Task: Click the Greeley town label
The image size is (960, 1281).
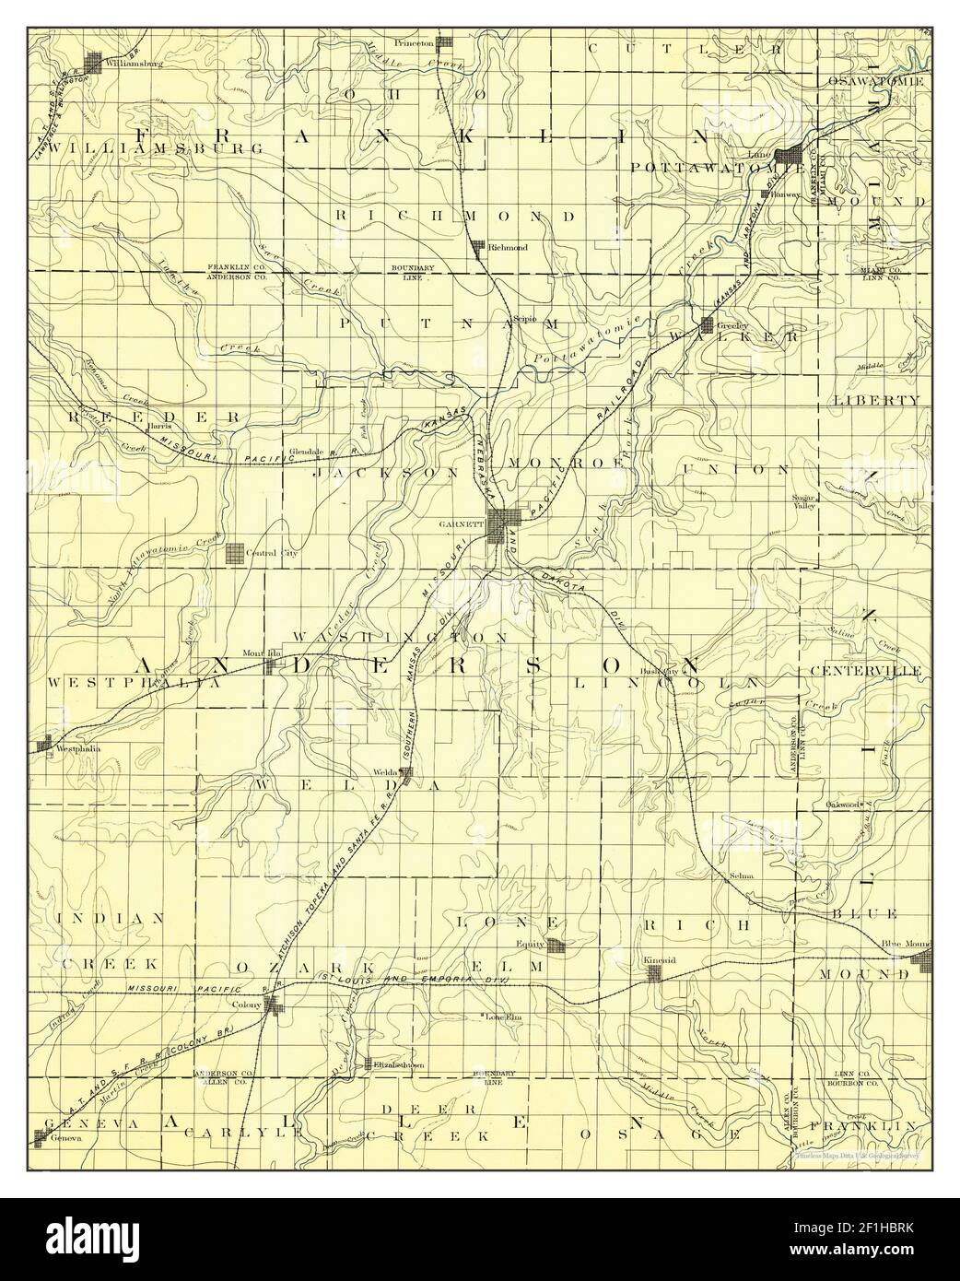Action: tap(731, 326)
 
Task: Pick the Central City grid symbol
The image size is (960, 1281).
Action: tap(235, 552)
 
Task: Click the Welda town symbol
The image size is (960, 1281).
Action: tap(405, 772)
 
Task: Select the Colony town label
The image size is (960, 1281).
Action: tap(248, 1005)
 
